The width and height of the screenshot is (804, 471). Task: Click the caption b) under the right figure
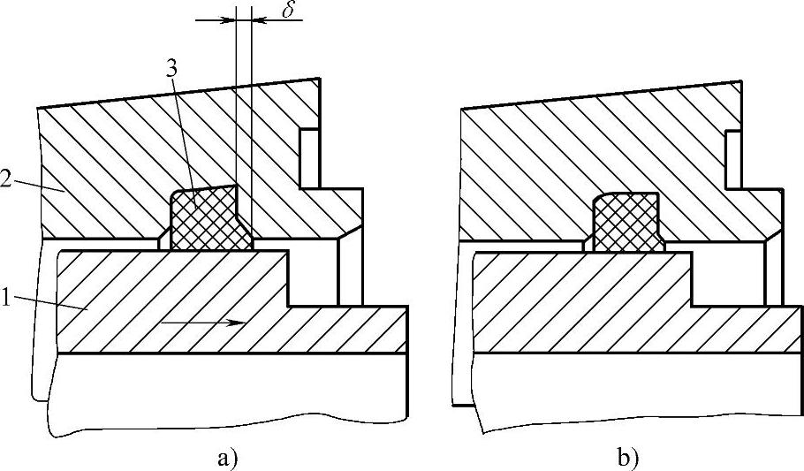pos(629,458)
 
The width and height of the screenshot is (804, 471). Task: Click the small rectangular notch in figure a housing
pos(309,159)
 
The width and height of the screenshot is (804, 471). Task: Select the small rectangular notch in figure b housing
pos(732,159)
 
